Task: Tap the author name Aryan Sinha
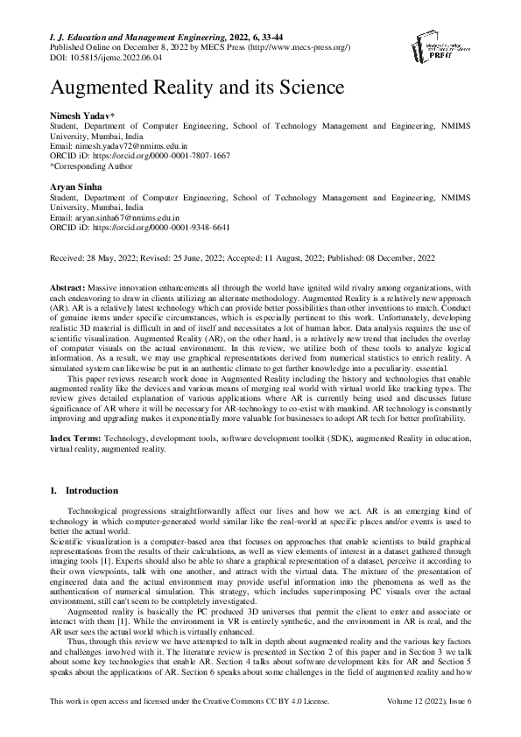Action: click(x=71, y=187)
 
